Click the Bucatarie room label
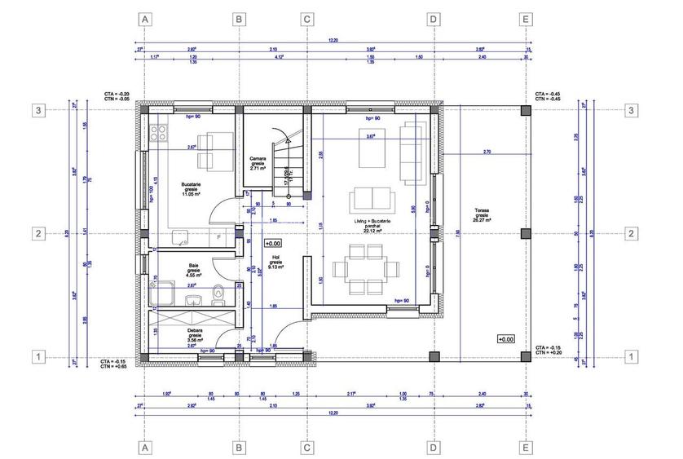tap(192, 191)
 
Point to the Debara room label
tap(195, 335)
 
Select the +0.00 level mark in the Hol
tap(273, 243)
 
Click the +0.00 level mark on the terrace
tap(505, 338)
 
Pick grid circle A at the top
tap(145, 18)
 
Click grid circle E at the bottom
tap(526, 447)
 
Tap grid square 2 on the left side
tap(37, 234)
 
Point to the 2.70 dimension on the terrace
tap(487, 152)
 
